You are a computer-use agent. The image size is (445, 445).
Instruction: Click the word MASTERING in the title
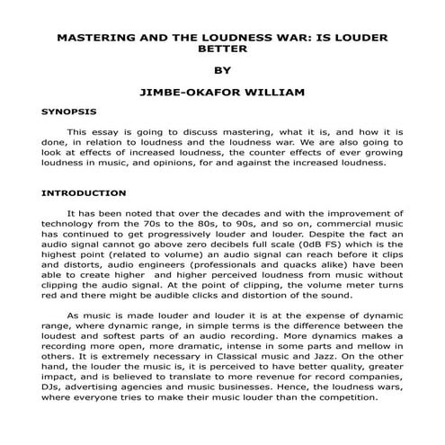pos(93,40)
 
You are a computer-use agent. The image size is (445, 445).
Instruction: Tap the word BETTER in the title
pos(221,51)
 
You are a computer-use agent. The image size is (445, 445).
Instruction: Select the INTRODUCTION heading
pos(84,192)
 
